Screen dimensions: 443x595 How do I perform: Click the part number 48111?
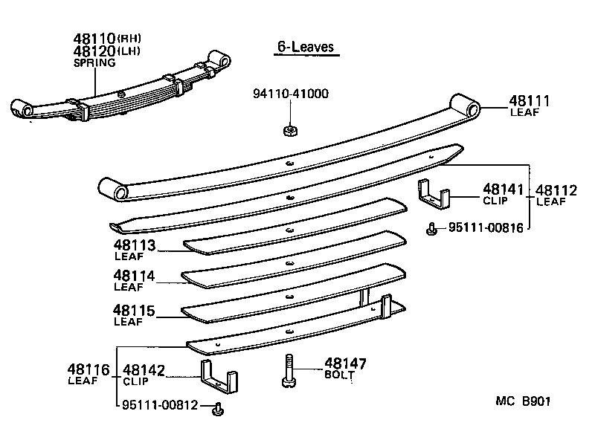(530, 101)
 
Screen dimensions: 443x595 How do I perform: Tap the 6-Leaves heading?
(305, 47)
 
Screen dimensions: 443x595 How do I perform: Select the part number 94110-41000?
(290, 94)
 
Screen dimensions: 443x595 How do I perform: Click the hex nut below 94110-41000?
(290, 131)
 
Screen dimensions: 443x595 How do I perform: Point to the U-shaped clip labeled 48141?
(433, 194)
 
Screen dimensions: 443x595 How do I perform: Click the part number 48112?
(556, 190)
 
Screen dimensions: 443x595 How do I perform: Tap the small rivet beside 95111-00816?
(431, 230)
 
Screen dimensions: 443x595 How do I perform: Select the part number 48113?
(135, 245)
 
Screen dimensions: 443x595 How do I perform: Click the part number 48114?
(135, 276)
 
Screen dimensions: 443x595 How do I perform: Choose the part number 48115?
(135, 311)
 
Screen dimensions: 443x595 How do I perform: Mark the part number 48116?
(89, 369)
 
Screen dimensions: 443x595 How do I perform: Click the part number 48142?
(144, 369)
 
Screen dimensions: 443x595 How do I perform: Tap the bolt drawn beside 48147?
(289, 370)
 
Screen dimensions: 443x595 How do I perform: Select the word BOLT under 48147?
(339, 375)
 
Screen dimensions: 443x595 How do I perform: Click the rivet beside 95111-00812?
(217, 408)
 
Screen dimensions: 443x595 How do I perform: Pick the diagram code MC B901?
(524, 401)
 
